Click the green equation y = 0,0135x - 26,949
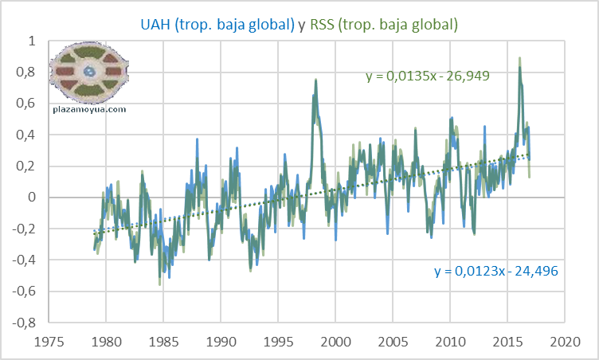[426, 76]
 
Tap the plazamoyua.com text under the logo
[90, 109]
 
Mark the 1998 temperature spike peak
[316, 80]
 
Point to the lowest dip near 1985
[160, 284]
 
